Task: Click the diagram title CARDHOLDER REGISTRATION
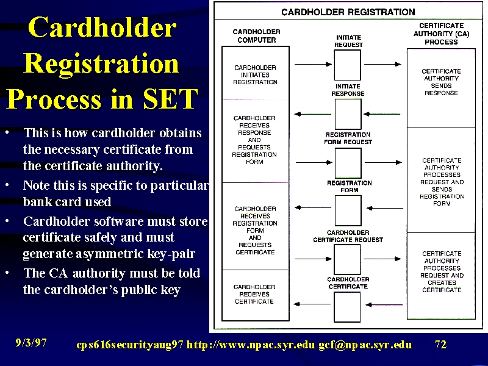348,12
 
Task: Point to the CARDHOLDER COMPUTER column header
256,36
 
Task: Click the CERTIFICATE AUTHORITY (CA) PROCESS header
441,34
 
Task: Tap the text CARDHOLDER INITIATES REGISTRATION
255,74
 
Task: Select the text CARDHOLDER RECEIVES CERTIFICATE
254,294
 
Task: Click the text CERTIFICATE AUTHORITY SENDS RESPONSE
441,82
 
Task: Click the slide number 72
440,345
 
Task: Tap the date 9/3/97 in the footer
31,343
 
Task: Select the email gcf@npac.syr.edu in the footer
365,345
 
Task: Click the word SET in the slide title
170,99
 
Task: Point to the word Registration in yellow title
101,64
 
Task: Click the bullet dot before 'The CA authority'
7,273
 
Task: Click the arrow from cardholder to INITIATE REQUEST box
313,65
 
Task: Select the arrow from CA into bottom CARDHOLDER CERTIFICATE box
384,304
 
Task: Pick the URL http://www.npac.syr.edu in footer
251,345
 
